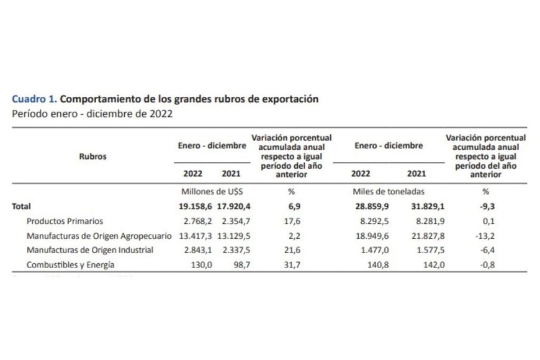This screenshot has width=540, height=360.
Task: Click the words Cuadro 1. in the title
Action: (34, 99)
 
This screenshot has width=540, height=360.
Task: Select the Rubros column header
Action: (92, 156)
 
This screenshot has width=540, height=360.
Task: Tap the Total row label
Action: (21, 207)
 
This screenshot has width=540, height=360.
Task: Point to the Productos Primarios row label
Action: (65, 221)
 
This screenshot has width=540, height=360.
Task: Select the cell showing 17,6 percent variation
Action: (291, 221)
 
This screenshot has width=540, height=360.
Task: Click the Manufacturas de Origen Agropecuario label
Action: (99, 236)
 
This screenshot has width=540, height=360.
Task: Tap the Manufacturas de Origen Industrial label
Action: (89, 250)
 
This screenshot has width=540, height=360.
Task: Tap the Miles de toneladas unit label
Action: (388, 192)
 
